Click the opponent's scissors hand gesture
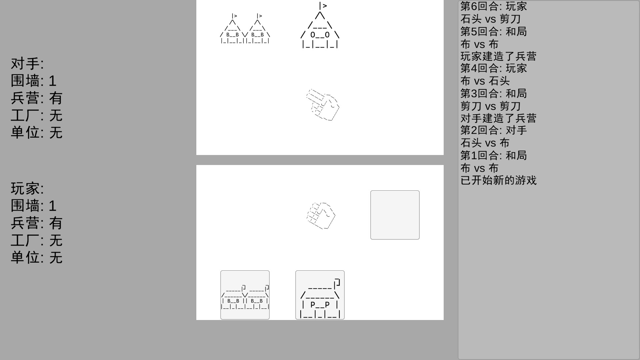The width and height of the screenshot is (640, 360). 323,105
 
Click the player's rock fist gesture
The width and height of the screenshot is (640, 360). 321,215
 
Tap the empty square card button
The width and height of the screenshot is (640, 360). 395,215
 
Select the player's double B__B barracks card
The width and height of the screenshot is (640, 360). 245,295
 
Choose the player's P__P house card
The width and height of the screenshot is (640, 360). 320,295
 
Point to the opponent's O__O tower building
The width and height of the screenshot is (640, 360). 320,25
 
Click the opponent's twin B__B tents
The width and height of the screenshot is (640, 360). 245,29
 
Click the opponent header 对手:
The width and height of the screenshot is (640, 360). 27,64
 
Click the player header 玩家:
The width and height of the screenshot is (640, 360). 27,189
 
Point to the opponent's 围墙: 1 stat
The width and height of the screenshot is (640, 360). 34,81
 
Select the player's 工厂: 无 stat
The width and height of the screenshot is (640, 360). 37,240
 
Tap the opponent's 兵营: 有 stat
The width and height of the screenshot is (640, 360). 37,98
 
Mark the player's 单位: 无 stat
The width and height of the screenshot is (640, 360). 37,258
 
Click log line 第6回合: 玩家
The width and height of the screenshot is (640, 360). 494,6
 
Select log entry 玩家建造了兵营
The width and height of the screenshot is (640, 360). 498,56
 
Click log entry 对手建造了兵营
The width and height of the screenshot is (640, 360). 498,118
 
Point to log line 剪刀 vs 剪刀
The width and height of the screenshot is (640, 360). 490,106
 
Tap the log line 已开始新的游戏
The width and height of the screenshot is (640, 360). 498,180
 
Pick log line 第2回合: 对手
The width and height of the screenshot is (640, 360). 494,130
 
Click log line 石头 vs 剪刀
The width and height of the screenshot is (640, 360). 490,19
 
